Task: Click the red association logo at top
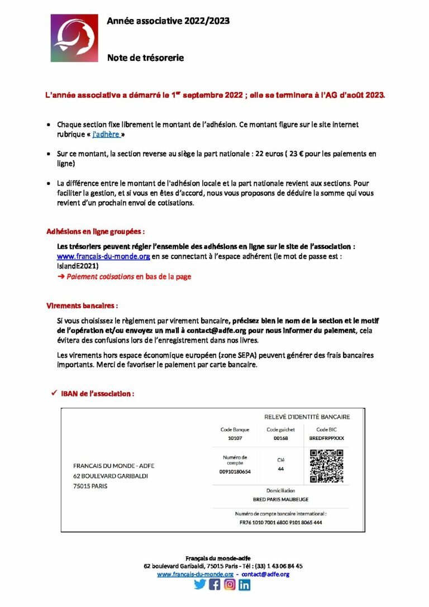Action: (x=74, y=38)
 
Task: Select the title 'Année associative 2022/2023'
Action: (x=168, y=21)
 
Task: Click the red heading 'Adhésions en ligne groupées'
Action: (x=96, y=231)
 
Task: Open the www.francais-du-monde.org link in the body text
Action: (x=103, y=256)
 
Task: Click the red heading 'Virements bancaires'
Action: (x=82, y=306)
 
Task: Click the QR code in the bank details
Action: (x=326, y=466)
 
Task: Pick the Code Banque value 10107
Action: (x=235, y=438)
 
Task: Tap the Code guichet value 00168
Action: (x=280, y=438)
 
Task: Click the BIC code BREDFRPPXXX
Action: (x=326, y=438)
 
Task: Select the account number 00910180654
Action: (x=235, y=472)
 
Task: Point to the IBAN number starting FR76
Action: (x=280, y=523)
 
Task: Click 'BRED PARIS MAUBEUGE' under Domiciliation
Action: (x=280, y=499)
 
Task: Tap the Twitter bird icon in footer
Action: (x=200, y=585)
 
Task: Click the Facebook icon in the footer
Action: (x=214, y=585)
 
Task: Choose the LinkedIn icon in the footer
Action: (x=244, y=585)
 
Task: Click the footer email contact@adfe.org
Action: (x=265, y=574)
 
